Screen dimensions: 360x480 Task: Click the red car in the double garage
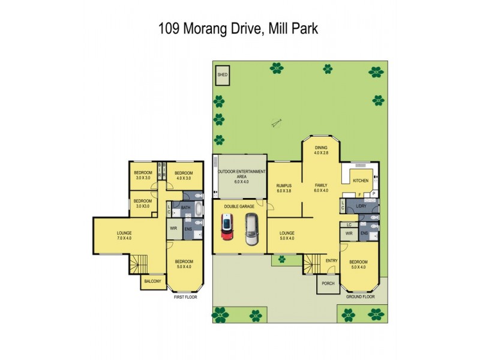[227, 229]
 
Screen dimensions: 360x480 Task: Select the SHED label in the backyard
[223, 75]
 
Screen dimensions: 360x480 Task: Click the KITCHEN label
[361, 180]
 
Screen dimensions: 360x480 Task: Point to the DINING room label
[322, 147]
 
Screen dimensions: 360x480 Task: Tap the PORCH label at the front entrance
[328, 283]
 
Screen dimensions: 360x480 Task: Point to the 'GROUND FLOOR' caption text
[360, 296]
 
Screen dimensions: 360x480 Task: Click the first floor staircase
[139, 263]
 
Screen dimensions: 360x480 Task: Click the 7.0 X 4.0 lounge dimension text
[124, 238]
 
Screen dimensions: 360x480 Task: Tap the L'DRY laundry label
[361, 206]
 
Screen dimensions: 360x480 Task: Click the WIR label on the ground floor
[349, 233]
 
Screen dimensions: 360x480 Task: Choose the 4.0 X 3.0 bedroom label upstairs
[178, 177]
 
